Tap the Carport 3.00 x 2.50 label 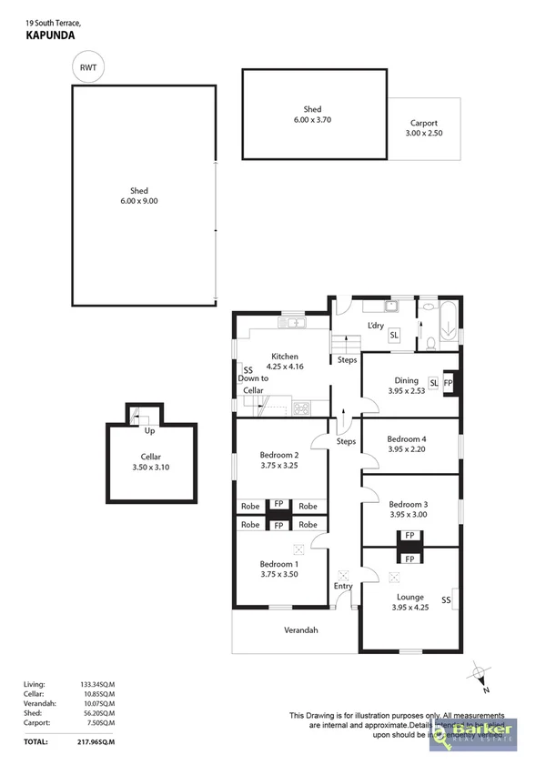[423, 127]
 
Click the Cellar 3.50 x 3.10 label [150, 461]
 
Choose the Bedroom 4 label [407, 443]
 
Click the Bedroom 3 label [407, 508]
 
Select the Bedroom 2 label [278, 459]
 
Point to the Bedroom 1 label [278, 569]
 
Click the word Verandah [299, 629]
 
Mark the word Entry [342, 586]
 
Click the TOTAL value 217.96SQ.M [96, 742]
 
